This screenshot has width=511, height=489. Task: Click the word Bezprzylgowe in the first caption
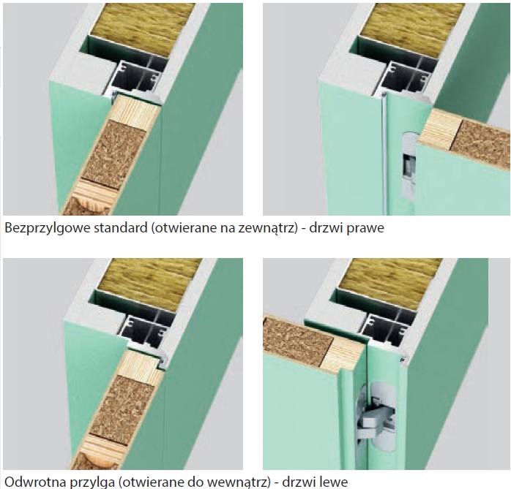point(48,228)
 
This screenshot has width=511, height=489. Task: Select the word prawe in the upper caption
point(365,228)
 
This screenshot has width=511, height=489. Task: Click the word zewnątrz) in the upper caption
point(267,228)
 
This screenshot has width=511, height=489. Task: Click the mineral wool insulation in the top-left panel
point(142,29)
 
